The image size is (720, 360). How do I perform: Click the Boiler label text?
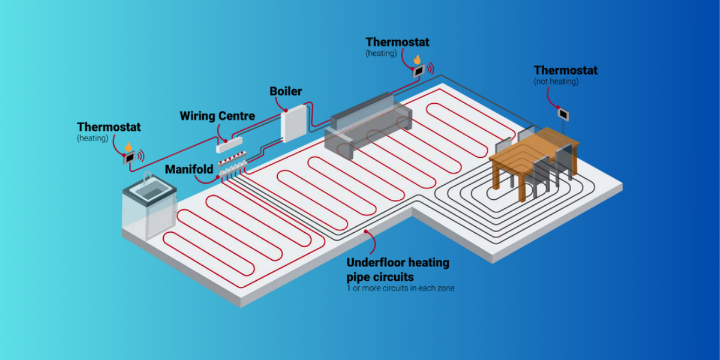[285, 91]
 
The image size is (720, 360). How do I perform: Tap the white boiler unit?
[293, 124]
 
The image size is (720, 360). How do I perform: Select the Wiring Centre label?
[217, 116]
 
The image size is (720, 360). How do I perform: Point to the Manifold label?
[188, 170]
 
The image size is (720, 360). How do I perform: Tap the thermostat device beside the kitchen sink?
[129, 158]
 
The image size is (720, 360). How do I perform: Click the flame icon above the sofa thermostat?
[416, 59]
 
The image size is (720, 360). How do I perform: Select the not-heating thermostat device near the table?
[564, 113]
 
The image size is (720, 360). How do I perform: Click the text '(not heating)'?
[556, 82]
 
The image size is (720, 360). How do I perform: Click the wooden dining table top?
[534, 150]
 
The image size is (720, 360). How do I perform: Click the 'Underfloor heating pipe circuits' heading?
[397, 269]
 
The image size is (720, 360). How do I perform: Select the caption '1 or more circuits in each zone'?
[400, 288]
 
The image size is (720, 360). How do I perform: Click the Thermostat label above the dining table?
[565, 70]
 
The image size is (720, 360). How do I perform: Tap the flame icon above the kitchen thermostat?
[127, 146]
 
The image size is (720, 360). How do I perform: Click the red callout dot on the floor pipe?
[364, 231]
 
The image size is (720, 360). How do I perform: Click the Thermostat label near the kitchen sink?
[109, 127]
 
